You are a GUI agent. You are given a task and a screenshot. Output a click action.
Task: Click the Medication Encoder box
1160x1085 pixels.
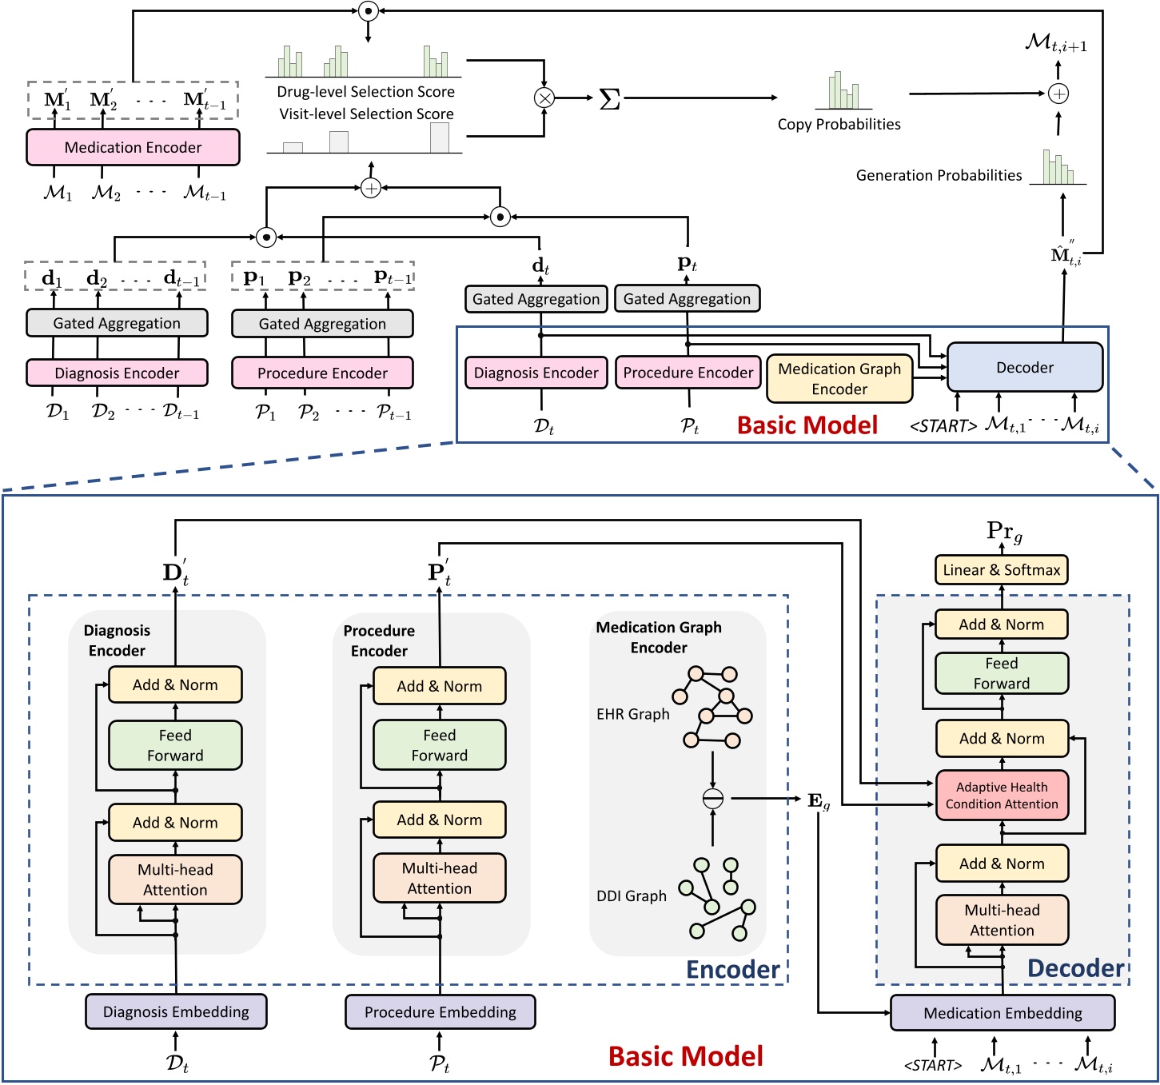133,147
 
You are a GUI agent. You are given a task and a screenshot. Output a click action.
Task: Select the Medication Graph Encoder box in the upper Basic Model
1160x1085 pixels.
839,379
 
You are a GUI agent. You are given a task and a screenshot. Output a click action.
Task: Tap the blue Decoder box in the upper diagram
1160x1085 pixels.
1024,368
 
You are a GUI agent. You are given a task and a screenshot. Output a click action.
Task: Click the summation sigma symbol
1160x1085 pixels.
609,99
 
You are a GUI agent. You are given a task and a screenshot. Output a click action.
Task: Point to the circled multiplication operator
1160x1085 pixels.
544,98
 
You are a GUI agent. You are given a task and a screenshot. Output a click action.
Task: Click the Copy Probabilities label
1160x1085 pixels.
839,125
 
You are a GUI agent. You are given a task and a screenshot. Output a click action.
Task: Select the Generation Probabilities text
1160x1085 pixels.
939,175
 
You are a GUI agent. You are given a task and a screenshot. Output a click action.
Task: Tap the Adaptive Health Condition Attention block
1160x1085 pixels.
1002,796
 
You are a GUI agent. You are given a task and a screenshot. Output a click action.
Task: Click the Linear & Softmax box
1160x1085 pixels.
1001,570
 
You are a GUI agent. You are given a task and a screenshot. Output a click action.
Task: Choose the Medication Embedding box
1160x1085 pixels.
1003,1013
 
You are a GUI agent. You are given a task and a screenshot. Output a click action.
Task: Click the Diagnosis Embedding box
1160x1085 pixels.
176,1011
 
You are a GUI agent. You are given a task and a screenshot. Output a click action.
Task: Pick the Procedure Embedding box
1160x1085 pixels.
440,1011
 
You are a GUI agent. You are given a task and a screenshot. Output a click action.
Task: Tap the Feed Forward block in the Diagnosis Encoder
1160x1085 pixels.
175,745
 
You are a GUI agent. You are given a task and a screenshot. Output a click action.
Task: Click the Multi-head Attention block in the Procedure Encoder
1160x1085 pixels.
439,878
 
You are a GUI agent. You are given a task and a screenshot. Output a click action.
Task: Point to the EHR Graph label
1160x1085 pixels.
632,714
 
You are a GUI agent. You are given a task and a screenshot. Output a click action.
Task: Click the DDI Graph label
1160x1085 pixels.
631,896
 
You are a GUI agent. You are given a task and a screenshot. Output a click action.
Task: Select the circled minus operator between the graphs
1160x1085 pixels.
712,798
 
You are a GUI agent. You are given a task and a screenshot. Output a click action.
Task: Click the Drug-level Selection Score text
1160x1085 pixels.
365,92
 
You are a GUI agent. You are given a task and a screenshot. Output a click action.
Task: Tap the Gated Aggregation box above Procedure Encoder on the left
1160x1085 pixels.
322,324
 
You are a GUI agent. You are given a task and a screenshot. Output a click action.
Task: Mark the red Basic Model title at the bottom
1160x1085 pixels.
685,1056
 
